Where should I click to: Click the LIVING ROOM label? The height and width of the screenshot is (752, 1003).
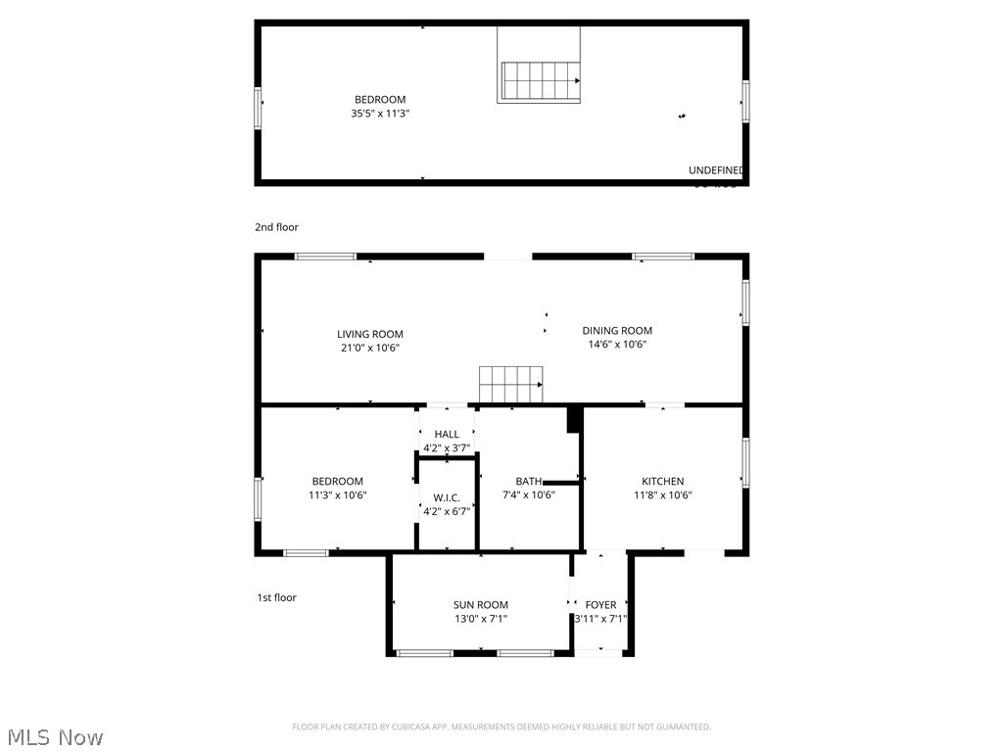pos(370,334)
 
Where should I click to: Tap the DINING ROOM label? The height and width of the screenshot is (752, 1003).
pos(617,331)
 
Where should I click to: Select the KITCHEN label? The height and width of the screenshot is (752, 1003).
pos(663,481)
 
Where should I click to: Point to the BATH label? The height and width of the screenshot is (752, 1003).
pos(529,481)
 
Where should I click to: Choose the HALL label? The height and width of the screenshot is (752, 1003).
pos(447,434)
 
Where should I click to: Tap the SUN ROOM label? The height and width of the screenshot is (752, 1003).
pos(480,605)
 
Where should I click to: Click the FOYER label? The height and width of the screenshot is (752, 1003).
pos(600,605)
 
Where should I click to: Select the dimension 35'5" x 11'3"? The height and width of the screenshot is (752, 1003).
pos(379,114)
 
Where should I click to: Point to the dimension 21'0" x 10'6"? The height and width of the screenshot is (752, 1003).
pos(370,348)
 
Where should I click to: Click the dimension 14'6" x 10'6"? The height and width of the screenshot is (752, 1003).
pos(617,345)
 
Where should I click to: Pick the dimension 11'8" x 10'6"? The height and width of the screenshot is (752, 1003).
pos(663,495)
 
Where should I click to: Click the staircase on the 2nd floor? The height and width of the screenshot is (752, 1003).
pos(541,80)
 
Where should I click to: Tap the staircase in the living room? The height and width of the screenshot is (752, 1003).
pos(510,384)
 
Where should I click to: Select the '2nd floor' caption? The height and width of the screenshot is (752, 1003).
pos(276,227)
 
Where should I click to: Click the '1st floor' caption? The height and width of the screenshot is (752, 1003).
pos(276,597)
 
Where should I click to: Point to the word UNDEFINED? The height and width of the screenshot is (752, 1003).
pos(716,170)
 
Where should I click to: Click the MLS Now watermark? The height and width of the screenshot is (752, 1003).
pos(54,736)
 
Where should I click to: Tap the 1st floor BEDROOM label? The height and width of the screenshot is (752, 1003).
pos(337,481)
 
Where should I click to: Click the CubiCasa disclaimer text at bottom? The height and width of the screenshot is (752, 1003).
pos(501,727)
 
